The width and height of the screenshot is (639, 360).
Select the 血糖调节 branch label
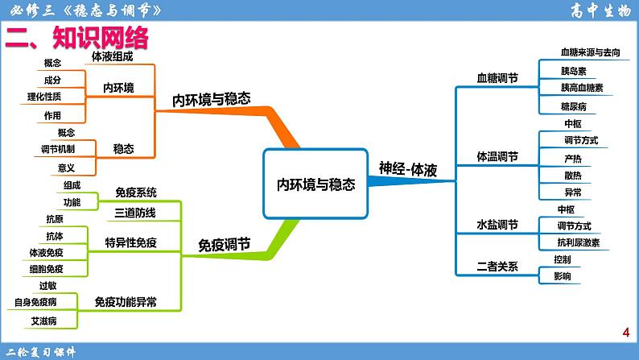click(x=497, y=79)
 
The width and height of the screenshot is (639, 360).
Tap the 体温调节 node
click(x=497, y=155)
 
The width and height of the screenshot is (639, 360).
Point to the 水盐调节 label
click(x=497, y=225)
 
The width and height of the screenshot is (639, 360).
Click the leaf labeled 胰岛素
click(x=573, y=70)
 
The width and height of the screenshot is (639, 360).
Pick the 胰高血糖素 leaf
click(x=582, y=87)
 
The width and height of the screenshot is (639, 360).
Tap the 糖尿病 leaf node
click(x=573, y=106)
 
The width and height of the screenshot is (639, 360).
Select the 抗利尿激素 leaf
click(x=578, y=242)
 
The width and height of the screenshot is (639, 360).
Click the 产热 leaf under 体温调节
click(x=573, y=158)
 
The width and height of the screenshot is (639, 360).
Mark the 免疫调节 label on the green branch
click(x=224, y=244)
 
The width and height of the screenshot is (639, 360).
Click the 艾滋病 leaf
click(x=43, y=321)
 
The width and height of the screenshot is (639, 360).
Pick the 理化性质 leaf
click(x=43, y=97)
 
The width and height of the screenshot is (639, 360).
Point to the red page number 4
click(x=625, y=333)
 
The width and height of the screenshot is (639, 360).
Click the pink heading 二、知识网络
click(x=77, y=38)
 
